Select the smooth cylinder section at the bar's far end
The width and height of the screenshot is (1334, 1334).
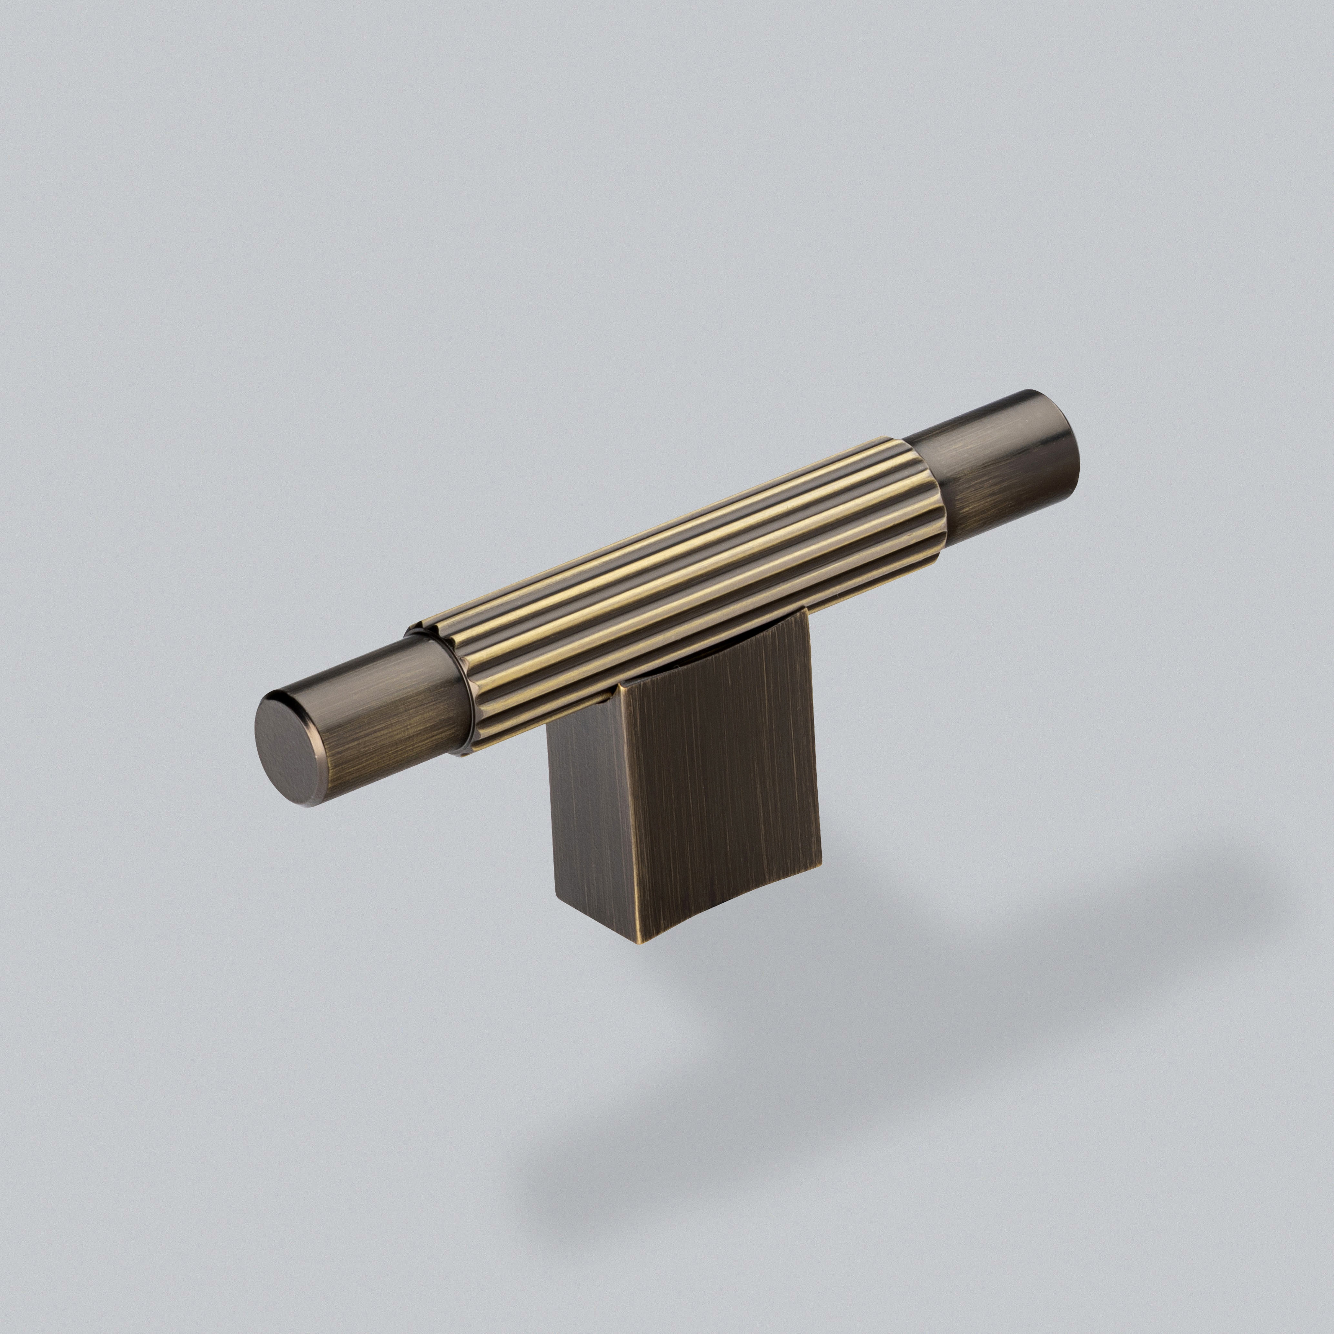point(994,470)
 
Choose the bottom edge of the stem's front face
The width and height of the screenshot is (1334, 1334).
point(732,901)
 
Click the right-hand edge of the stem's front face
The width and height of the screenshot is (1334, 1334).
point(815,739)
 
